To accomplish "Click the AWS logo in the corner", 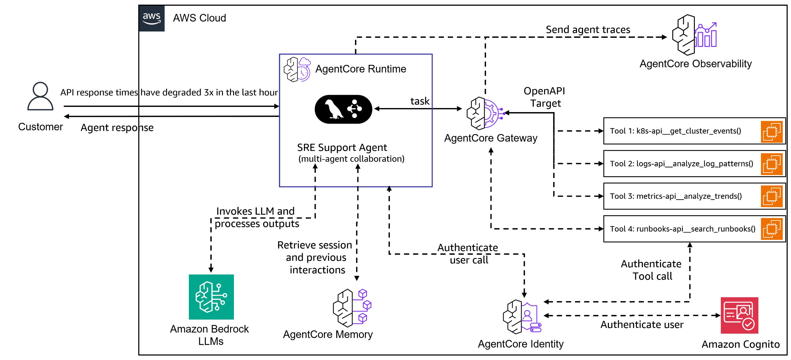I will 152,18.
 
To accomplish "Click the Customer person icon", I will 40,96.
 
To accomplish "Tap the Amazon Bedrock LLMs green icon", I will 211,297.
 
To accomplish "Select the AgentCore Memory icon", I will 352,308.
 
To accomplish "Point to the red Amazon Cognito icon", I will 739,315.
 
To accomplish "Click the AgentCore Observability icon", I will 694,35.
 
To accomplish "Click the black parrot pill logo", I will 343,109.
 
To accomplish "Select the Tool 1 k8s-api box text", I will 675,131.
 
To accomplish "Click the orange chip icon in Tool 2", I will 772,164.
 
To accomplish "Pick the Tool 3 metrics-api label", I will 675,196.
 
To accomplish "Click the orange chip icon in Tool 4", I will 772,229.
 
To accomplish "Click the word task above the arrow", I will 420,101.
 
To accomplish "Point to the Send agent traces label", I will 588,29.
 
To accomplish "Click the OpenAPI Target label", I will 544,97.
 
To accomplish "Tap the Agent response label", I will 117,128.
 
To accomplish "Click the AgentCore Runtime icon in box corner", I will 297,69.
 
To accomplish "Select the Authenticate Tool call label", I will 651,270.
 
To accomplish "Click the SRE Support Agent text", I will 342,148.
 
